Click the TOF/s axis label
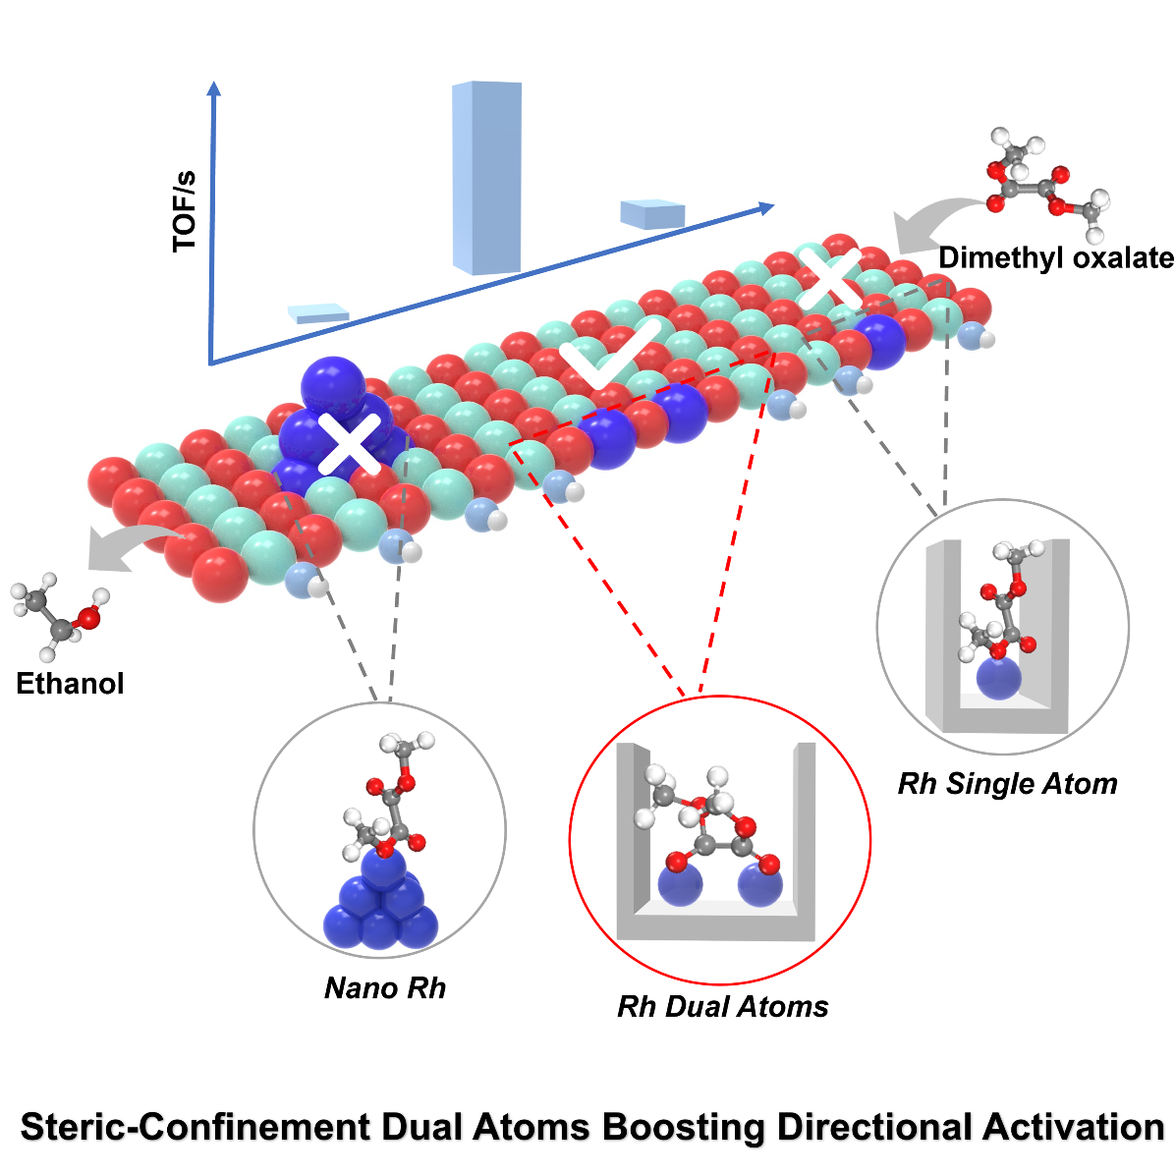coord(185,212)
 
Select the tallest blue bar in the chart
coord(486,177)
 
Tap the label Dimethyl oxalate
coord(1056,258)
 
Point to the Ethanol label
coord(70,684)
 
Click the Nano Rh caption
coord(385,987)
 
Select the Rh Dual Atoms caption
coord(722,1007)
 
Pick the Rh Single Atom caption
coord(1007,784)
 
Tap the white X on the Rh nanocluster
coord(351,444)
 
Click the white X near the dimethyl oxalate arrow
coord(829,277)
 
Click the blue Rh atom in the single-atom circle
coord(999,678)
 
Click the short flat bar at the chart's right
coord(652,214)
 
